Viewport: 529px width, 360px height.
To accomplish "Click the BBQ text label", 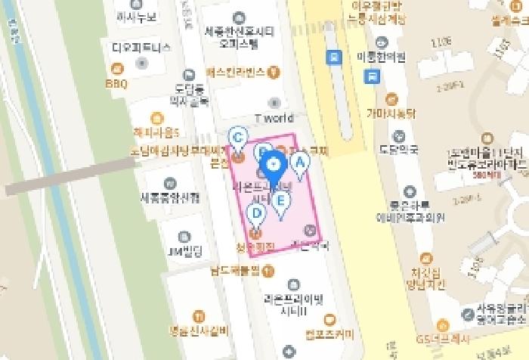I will pyautogui.click(x=117, y=83).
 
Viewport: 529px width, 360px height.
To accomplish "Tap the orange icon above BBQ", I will pyautogui.click(x=118, y=68).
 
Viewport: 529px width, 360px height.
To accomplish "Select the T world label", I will pyautogui.click(x=273, y=118).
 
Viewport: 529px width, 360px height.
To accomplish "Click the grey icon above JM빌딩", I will pyautogui.click(x=183, y=234).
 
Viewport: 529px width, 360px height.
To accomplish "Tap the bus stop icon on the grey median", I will pyautogui.click(x=333, y=56).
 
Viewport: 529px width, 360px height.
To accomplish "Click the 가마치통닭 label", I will pyautogui.click(x=391, y=114).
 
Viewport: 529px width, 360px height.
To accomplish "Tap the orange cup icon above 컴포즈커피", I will pyautogui.click(x=329, y=318).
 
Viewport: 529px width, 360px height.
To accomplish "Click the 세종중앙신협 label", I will pyautogui.click(x=170, y=198).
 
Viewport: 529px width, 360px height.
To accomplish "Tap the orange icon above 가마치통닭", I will pyautogui.click(x=391, y=99).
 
